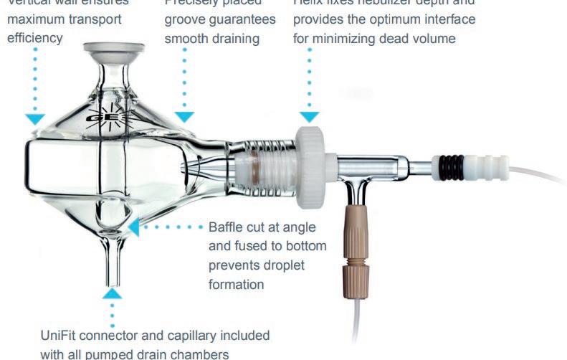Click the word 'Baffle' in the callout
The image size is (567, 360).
click(x=227, y=227)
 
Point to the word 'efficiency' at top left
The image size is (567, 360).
click(x=34, y=38)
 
